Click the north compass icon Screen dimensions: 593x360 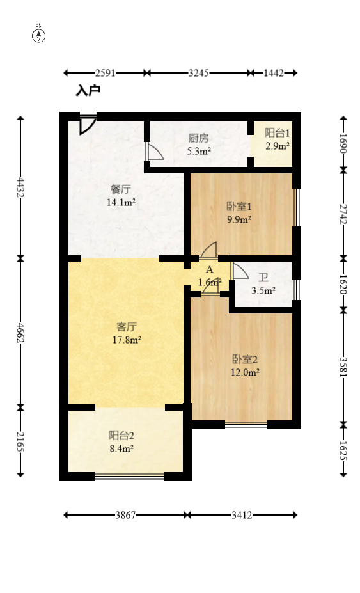(39, 35)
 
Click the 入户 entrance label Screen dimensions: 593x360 (88, 91)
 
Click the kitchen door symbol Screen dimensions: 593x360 (154, 152)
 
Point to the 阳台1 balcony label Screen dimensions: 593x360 (278, 133)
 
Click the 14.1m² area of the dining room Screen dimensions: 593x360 (120, 203)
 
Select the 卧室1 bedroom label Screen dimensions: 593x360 (239, 207)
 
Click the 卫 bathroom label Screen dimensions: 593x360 (263, 278)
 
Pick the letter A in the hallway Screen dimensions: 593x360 (209, 270)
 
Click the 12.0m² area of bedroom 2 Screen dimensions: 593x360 (244, 372)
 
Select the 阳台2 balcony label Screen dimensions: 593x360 (121, 436)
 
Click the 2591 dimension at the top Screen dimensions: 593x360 (105, 73)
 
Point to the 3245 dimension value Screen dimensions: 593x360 (198, 73)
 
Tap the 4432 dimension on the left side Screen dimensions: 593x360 (20, 187)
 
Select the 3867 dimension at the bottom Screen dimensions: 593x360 (125, 514)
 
